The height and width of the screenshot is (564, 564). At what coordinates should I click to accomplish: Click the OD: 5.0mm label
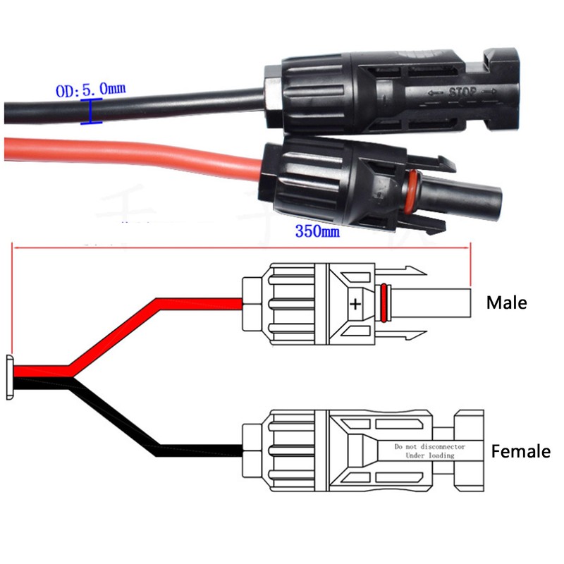pyautogui.click(x=91, y=90)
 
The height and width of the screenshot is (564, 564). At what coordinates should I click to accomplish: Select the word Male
pyautogui.click(x=506, y=302)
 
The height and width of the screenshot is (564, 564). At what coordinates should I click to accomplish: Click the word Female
pyautogui.click(x=520, y=451)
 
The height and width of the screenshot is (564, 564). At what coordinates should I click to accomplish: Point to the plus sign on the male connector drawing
pyautogui.click(x=355, y=305)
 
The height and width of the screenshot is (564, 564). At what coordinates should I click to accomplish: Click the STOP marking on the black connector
pyautogui.click(x=462, y=92)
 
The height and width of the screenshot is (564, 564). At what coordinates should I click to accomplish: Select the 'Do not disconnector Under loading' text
pyautogui.click(x=424, y=451)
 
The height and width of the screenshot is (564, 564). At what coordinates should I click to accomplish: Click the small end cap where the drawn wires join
pyautogui.click(x=9, y=378)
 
